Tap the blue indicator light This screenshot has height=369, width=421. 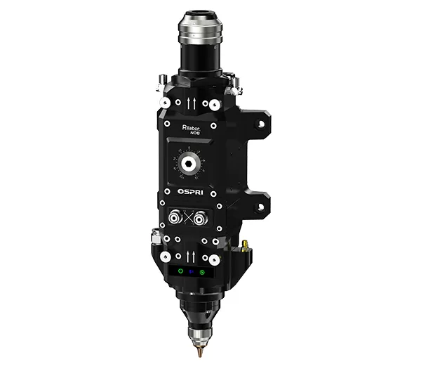click(x=191, y=272)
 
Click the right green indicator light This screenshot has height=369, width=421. click(x=203, y=272)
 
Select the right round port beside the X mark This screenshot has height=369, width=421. click(x=204, y=218)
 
